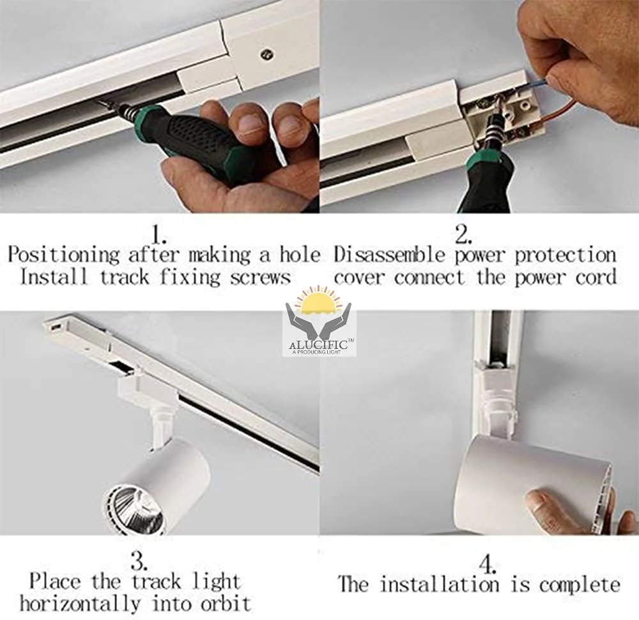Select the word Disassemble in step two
(x=390, y=255)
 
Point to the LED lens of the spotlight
(x=135, y=508)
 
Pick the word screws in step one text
(x=263, y=278)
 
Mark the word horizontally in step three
(x=81, y=603)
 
